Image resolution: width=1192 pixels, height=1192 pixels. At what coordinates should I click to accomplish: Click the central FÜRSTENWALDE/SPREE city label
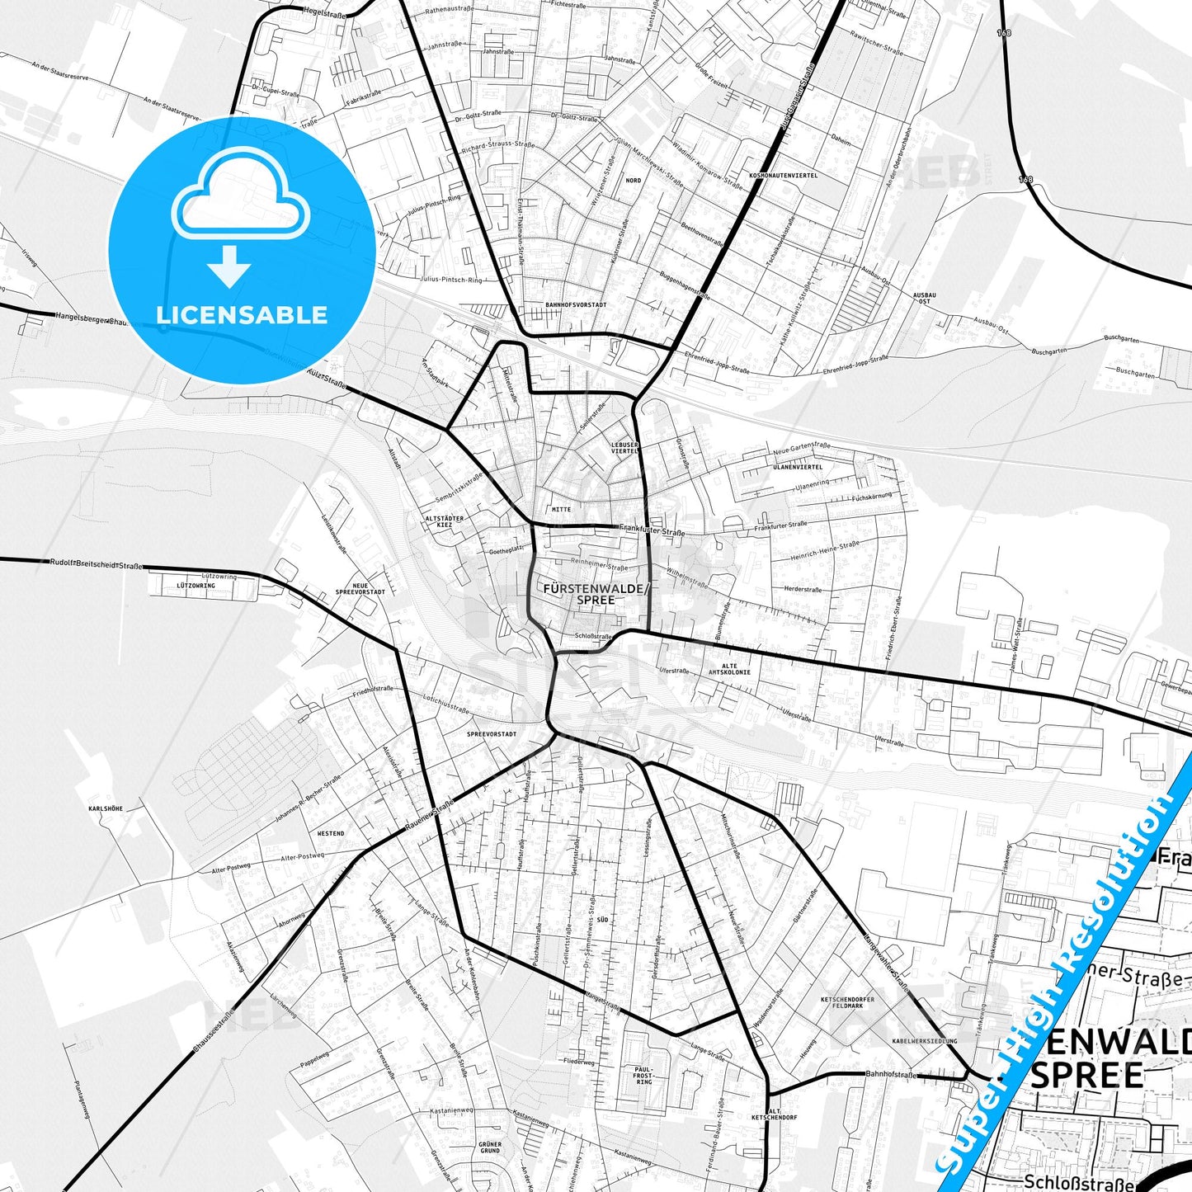point(596,594)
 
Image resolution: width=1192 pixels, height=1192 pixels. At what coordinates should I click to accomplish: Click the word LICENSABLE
point(242,315)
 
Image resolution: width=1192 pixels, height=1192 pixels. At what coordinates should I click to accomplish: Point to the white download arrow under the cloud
point(229,266)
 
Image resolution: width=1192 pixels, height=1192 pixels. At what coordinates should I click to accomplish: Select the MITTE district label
point(561,509)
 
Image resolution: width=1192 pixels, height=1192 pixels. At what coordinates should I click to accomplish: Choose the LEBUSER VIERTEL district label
point(624,448)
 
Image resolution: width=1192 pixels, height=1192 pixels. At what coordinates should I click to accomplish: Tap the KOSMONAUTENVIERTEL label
point(783,176)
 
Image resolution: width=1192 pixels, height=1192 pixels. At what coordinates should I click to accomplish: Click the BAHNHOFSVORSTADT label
point(576,304)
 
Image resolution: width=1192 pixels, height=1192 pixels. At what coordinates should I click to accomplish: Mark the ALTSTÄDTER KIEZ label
point(445,521)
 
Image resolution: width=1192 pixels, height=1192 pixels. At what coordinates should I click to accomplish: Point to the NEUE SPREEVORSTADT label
point(360,588)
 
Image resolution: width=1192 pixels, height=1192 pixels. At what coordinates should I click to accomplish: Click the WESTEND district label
point(331,833)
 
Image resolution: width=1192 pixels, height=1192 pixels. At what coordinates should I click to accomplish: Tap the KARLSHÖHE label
point(106,808)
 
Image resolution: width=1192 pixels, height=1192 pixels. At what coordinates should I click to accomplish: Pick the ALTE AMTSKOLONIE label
point(729,669)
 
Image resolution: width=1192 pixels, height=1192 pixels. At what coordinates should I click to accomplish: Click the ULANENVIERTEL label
point(798,467)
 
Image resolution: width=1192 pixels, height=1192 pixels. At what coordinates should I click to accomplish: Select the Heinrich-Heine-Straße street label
point(825,550)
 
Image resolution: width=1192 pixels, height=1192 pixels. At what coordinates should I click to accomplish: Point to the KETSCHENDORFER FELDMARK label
point(847,1002)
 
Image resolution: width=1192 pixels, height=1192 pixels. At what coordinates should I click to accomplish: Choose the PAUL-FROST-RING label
point(643,1075)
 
